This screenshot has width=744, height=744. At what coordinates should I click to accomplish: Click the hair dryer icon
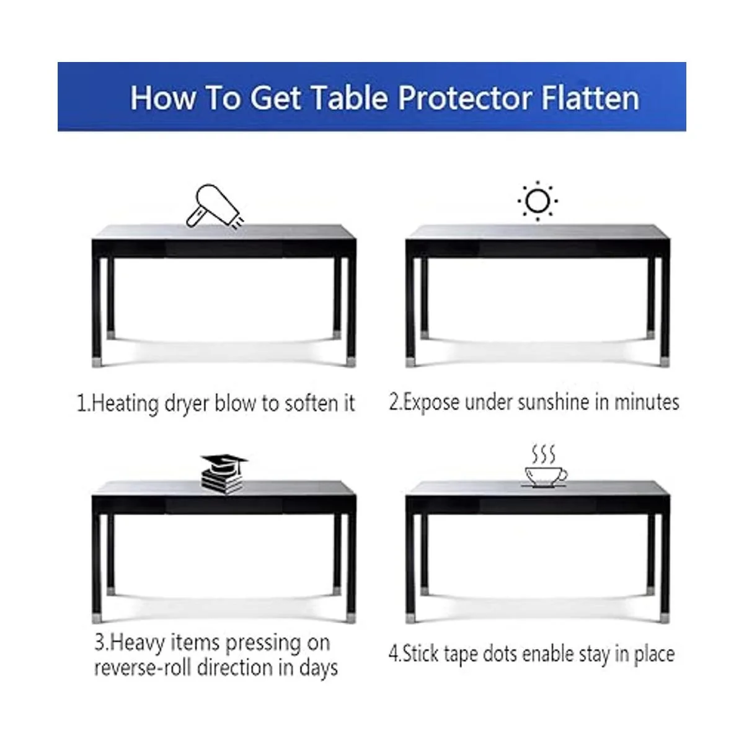click(215, 207)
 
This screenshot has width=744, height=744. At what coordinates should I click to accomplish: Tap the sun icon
click(538, 201)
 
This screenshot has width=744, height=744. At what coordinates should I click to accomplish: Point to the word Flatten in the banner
click(590, 98)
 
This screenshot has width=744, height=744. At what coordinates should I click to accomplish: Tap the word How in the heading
click(163, 98)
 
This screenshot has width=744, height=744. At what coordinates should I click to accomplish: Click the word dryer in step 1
click(187, 404)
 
